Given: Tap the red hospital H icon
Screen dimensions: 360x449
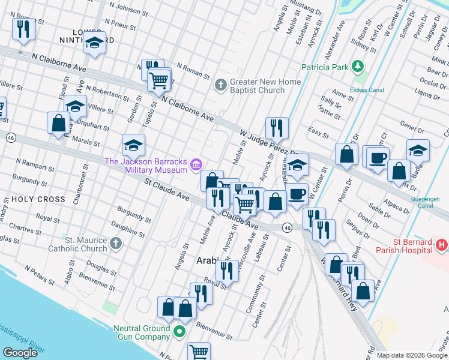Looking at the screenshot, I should (441, 245).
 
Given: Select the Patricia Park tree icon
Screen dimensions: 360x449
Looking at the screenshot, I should (358, 67).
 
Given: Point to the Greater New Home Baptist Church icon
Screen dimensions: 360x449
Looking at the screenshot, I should (220, 85).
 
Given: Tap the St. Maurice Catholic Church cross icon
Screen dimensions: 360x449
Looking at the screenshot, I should (115, 243).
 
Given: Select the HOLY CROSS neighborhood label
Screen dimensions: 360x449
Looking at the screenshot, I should (34, 199).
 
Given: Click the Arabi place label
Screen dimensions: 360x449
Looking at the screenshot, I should (208, 261).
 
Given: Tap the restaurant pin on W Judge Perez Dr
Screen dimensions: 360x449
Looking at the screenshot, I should (277, 128).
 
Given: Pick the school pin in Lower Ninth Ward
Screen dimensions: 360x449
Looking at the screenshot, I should (94, 43).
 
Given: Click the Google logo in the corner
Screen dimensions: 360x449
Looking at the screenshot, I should (20, 353).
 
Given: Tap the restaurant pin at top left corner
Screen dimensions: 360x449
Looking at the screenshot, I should (23, 29).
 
